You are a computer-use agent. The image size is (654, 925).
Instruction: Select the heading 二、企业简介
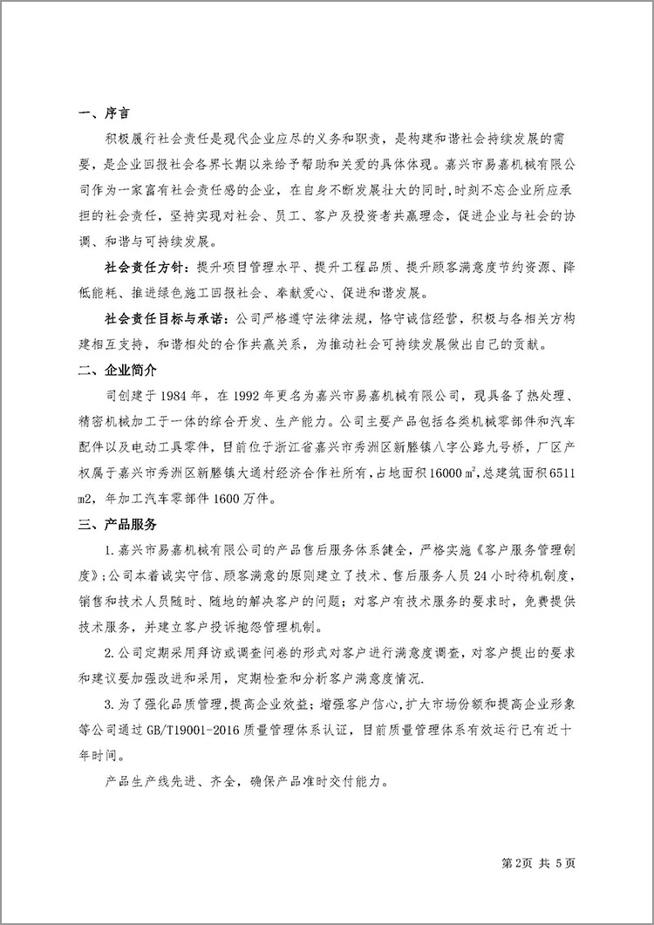[115, 371]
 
